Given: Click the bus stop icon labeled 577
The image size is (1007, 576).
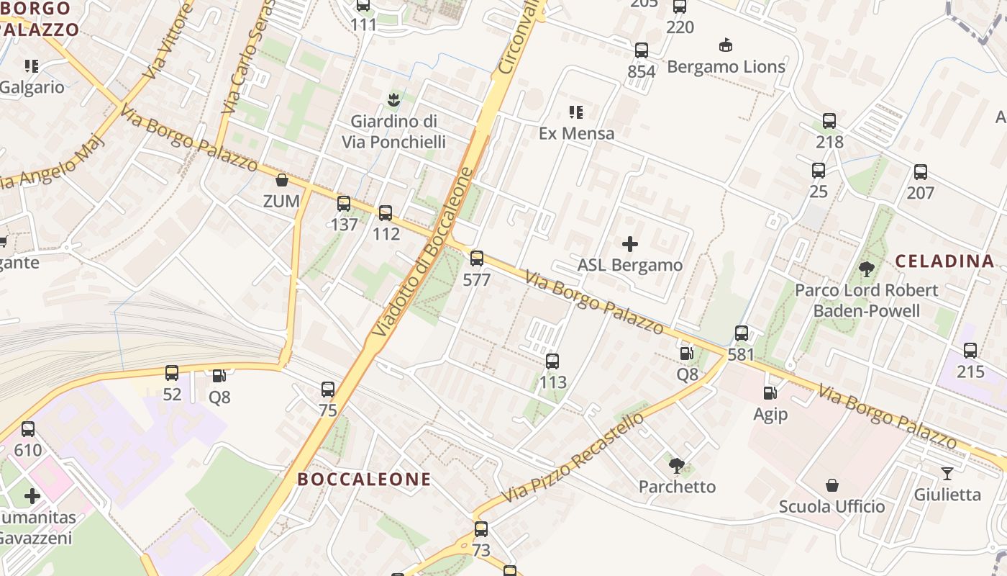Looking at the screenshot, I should [476, 258].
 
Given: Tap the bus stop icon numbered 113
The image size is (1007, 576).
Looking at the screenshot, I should [552, 361].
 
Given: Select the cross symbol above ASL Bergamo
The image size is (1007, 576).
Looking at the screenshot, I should [630, 244].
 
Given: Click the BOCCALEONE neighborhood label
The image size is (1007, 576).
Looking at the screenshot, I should [364, 480].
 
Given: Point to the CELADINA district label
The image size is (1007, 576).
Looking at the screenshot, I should [945, 261].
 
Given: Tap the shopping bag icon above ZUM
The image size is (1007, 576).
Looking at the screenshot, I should [282, 180].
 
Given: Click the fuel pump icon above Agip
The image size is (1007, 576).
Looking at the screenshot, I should [770, 393].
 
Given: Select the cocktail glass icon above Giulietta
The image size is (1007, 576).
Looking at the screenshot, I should [947, 473].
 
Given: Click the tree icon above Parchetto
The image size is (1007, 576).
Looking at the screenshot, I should [677, 465].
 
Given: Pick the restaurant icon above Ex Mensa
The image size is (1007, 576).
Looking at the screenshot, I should [575, 112].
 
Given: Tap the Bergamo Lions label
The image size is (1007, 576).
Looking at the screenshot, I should [726, 67].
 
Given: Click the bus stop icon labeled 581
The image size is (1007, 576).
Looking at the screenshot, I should [741, 333].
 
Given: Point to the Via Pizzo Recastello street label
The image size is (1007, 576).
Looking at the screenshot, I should [573, 458].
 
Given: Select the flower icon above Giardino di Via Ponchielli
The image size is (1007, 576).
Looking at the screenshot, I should [393, 99].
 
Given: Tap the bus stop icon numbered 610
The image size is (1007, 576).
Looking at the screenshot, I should [28, 429].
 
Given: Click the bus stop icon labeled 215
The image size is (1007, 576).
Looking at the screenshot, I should [970, 351].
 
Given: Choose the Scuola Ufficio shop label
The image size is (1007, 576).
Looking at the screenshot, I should [831, 507].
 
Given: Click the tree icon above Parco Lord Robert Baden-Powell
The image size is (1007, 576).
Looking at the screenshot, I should [867, 269].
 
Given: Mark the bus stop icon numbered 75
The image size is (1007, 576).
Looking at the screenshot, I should [328, 390].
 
